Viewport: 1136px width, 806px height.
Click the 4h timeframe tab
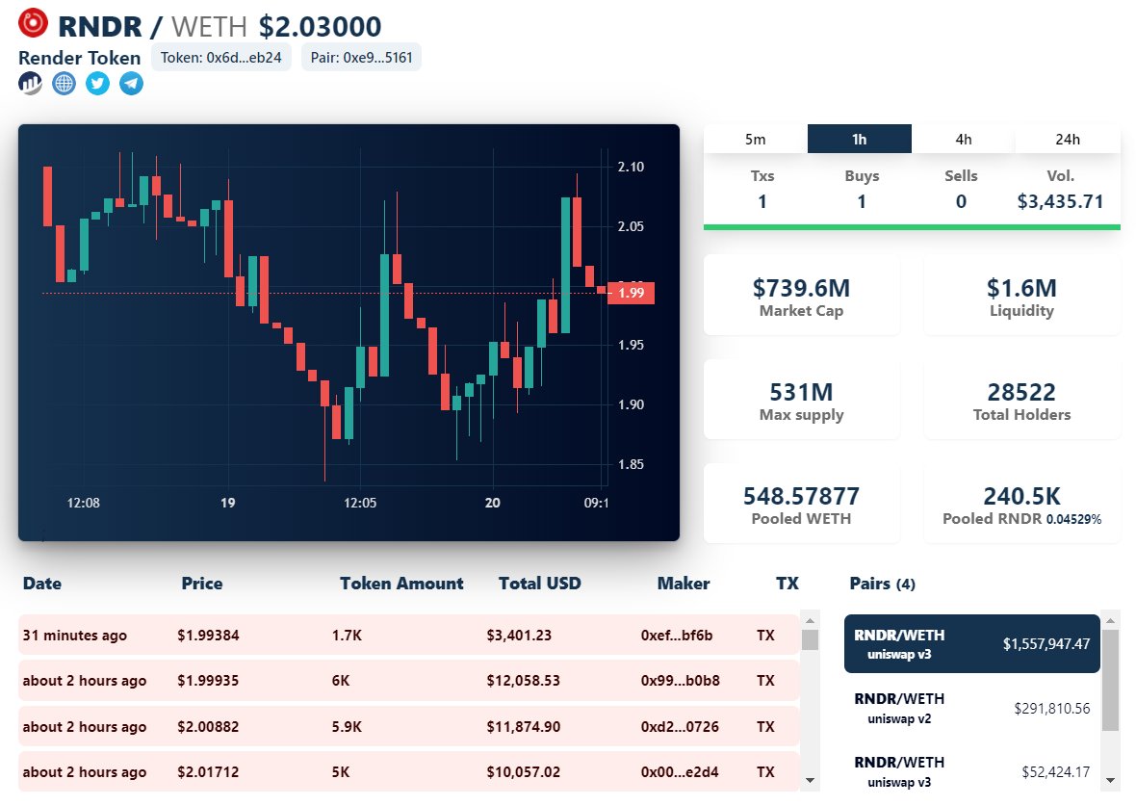coord(964,139)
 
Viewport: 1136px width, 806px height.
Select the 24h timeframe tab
coord(1068,139)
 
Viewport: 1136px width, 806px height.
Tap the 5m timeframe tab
coord(756,139)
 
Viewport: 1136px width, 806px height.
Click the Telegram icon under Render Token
coord(131,84)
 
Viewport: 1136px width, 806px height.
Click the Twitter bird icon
coord(97,84)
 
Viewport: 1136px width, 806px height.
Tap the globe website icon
coord(64,84)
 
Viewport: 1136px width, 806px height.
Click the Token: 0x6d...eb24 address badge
coord(221,57)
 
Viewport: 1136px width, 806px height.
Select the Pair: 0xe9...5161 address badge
coord(361,57)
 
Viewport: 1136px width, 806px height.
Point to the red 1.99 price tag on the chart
coord(632,293)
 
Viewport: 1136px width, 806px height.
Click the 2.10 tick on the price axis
coord(631,167)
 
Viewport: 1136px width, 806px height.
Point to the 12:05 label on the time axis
coord(360,503)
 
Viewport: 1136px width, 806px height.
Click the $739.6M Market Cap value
coord(801,287)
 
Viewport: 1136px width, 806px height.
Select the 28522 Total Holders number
coord(1021,392)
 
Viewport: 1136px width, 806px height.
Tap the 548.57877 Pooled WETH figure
coord(801,496)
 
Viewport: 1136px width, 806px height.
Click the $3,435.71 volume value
coord(1060,201)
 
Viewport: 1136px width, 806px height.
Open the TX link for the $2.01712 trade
coord(765,771)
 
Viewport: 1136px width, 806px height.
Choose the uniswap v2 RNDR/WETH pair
coord(972,708)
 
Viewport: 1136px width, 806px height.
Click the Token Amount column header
coord(401,584)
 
